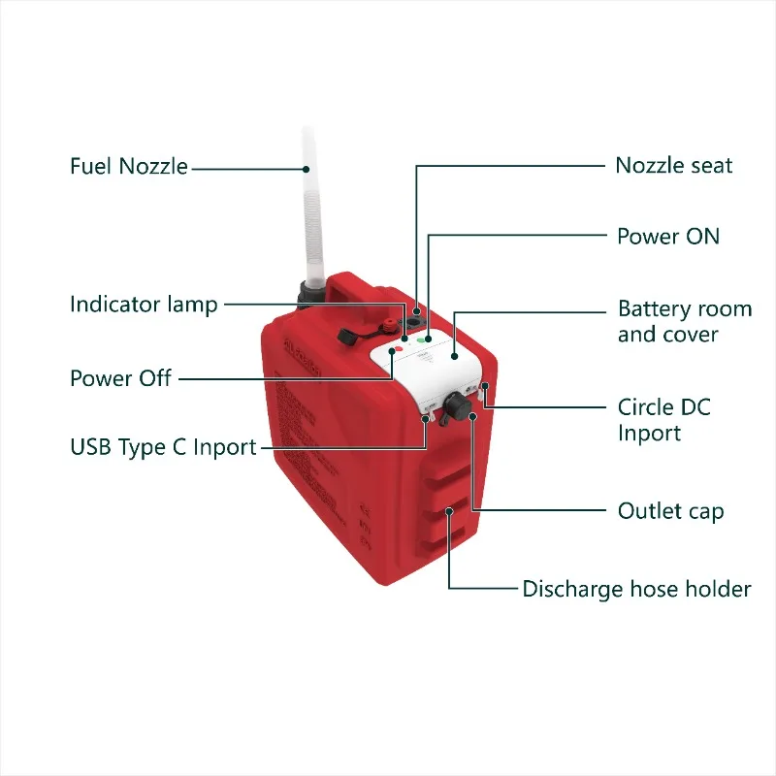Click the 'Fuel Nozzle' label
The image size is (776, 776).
[128, 166]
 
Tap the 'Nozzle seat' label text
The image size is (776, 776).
[673, 166]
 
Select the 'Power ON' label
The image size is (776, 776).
[668, 236]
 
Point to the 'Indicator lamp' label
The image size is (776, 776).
[144, 305]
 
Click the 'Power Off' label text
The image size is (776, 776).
[120, 377]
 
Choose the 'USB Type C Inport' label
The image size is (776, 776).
[163, 447]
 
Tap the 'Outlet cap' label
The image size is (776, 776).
[670, 510]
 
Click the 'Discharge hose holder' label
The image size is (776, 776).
[636, 589]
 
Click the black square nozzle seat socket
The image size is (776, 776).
[415, 317]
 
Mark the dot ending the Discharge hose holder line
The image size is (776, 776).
[449, 510]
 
